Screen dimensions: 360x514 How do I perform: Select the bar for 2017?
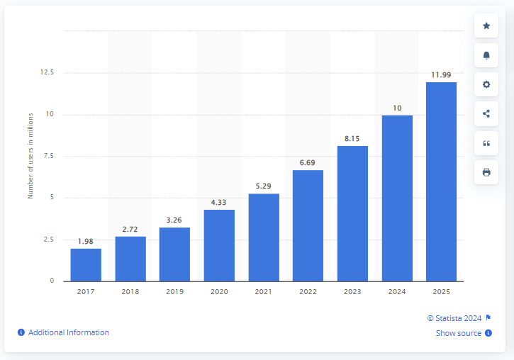tap(86, 264)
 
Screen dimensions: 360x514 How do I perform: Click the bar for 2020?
tap(219, 244)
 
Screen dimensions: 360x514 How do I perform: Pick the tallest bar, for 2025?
tap(441, 181)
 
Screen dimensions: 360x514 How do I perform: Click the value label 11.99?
tap(441, 74)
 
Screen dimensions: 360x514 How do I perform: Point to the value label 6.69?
tap(308, 162)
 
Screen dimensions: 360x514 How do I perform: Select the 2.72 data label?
tap(130, 229)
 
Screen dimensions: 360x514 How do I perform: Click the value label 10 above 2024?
tap(397, 108)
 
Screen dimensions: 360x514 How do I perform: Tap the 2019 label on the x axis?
tap(174, 292)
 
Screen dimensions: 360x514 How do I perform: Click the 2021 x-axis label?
tap(263, 292)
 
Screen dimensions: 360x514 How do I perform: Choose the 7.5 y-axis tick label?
tap(49, 156)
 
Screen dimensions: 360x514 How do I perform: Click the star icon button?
tap(486, 26)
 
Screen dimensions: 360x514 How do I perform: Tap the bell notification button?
tap(486, 55)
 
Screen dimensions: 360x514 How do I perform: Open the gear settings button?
tap(486, 84)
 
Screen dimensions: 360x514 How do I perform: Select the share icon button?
tap(486, 113)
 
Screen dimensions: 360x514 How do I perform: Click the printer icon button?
tap(486, 172)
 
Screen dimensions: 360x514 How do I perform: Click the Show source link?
tap(459, 333)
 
